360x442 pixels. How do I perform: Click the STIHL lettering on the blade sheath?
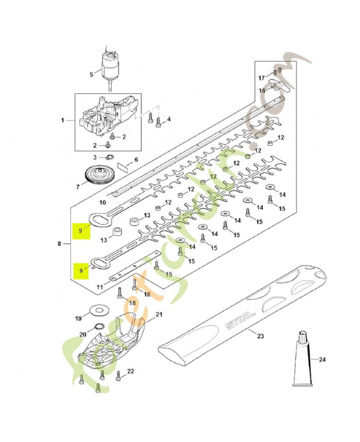tap(240, 321)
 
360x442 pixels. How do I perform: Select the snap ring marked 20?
tap(99, 326)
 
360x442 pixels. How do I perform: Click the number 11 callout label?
tap(100, 287)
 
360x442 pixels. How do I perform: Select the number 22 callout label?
tap(131, 371)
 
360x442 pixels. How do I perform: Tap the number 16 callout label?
tap(262, 90)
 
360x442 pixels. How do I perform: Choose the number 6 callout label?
tap(136, 160)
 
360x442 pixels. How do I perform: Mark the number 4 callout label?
tap(169, 119)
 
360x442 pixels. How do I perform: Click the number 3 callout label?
tap(94, 157)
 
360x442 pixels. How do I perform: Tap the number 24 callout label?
tap(322, 360)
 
